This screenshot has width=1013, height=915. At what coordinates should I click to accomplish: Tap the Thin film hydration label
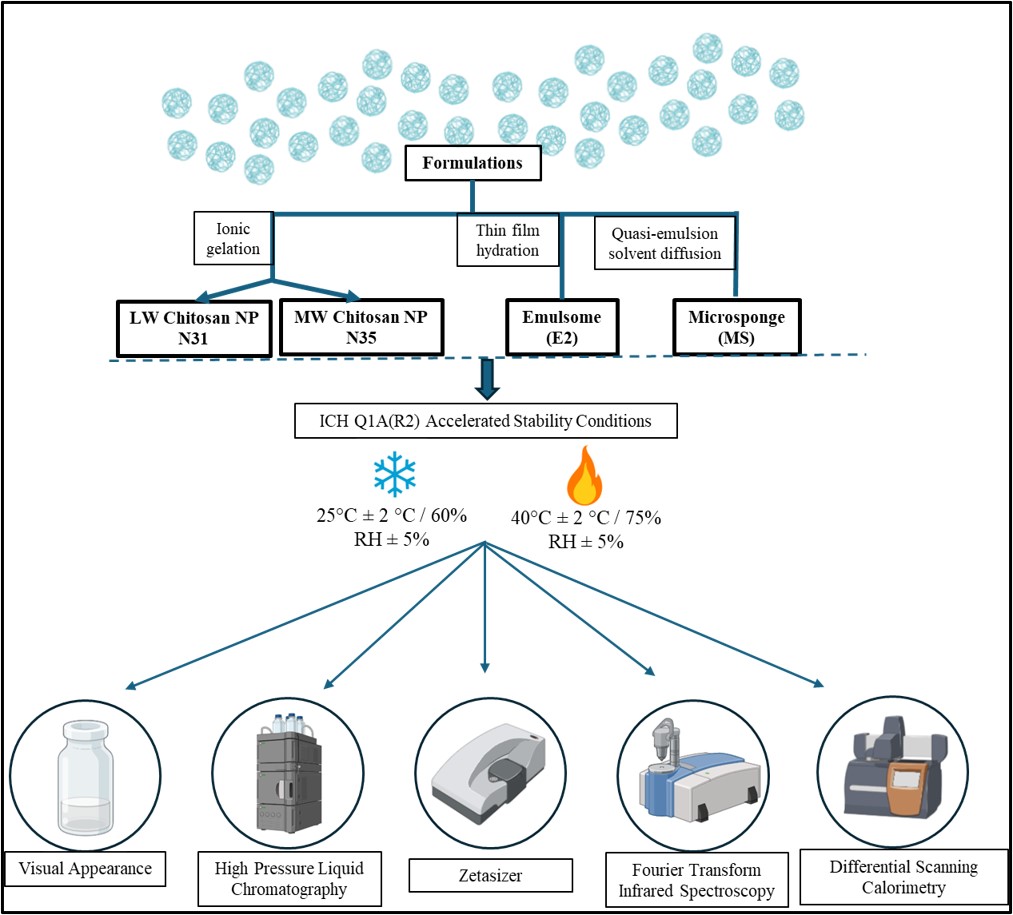click(x=507, y=241)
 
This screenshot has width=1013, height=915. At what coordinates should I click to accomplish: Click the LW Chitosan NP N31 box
click(x=193, y=328)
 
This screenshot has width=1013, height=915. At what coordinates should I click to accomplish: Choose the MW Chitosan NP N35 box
click(x=360, y=328)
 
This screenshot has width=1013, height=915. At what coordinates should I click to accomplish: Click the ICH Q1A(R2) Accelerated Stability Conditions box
click(x=485, y=421)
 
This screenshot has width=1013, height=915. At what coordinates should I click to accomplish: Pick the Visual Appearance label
click(x=84, y=868)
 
